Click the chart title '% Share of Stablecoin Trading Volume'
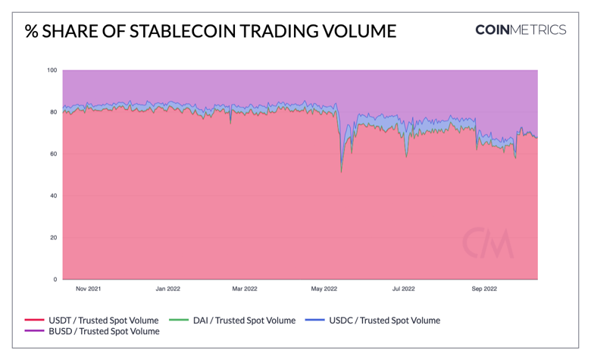[x=210, y=31]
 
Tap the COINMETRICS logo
[x=520, y=30]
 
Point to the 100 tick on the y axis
[x=52, y=70]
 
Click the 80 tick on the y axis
[x=53, y=112]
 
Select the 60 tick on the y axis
[x=53, y=154]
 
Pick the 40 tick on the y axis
[x=53, y=196]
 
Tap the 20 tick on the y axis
[x=53, y=237]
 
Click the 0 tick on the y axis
[x=55, y=280]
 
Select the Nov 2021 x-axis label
[x=88, y=289]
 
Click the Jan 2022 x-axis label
[x=167, y=289]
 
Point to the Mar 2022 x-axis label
[x=245, y=289]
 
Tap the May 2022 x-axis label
[x=324, y=289]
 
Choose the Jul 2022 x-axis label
[x=403, y=289]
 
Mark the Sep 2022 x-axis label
[x=484, y=289]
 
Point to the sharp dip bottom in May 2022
[x=342, y=172]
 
